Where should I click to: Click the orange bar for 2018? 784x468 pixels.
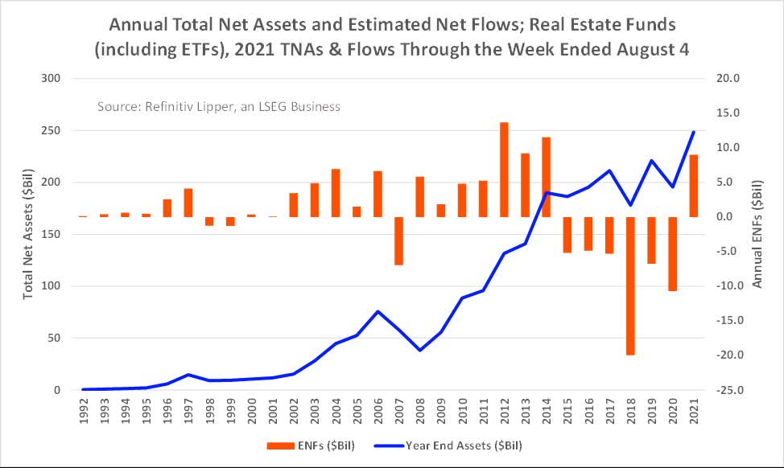pos(631,285)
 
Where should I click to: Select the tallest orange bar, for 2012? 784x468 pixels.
pos(504,170)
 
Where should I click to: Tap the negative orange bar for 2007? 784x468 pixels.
pos(398,240)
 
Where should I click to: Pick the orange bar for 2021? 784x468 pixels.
pos(694,186)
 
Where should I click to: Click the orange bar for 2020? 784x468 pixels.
pos(673,253)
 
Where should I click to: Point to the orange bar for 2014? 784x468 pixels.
pos(546,177)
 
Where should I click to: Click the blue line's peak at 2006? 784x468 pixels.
pos(378,311)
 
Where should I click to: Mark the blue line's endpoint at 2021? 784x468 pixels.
pos(694,132)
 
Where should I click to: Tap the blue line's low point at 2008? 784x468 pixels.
pos(419,350)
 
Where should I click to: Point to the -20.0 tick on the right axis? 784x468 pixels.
pos(717,355)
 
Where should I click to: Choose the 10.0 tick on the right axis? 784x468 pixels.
pos(719,148)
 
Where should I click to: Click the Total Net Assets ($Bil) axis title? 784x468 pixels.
pos(27,234)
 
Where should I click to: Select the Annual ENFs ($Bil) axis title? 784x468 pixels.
pos(757,234)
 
